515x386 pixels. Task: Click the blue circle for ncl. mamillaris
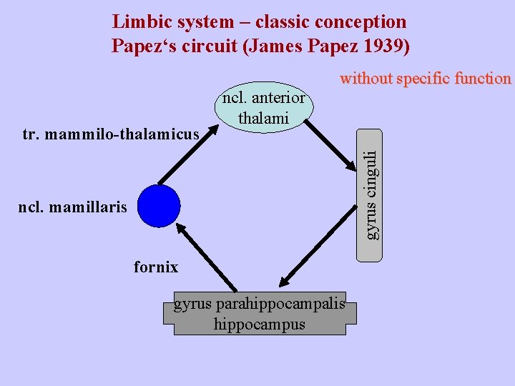click(x=159, y=206)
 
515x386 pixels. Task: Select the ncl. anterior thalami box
click(x=263, y=108)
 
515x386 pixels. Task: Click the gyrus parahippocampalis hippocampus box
click(x=260, y=314)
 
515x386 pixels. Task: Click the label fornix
click(x=156, y=267)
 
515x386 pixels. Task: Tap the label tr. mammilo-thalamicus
click(x=110, y=134)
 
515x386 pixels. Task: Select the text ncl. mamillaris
click(x=73, y=208)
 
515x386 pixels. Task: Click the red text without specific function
click(x=426, y=78)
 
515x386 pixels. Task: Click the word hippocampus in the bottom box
click(x=259, y=323)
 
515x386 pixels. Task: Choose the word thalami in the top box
click(x=263, y=117)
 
